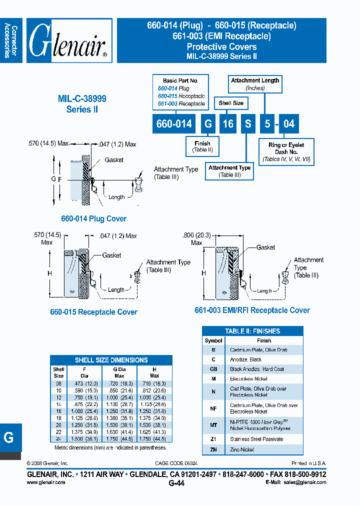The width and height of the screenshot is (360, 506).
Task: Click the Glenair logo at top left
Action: click(69, 40)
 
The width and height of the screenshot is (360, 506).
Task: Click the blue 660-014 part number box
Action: click(173, 123)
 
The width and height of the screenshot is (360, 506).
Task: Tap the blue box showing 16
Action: click(228, 123)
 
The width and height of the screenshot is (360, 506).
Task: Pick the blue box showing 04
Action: click(289, 123)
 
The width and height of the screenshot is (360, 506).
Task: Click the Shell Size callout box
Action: click(231, 103)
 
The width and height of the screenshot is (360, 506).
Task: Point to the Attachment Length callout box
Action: click(255, 83)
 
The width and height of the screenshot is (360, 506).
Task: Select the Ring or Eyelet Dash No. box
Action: click(286, 152)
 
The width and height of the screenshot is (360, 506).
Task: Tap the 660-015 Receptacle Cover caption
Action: click(93, 312)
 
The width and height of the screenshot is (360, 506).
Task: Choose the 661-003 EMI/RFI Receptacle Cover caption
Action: click(252, 310)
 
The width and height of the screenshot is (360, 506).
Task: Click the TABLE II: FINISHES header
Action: click(252, 331)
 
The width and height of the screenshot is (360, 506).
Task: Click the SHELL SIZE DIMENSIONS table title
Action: click(111, 360)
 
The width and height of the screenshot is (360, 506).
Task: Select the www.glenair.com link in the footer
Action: click(45, 482)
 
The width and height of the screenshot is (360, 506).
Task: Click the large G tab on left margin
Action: click(9, 437)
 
